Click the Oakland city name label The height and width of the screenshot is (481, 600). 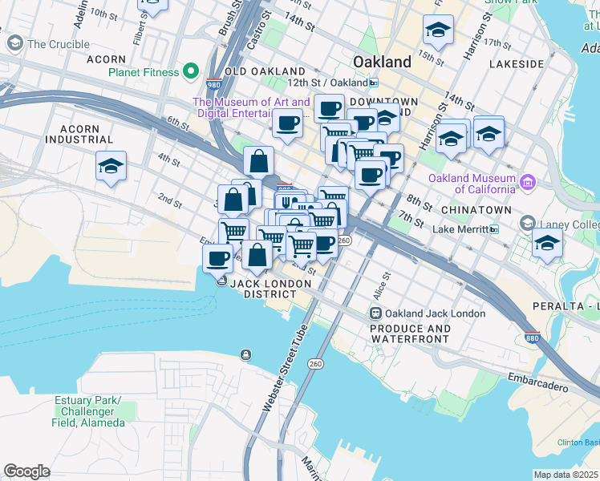point(382,62)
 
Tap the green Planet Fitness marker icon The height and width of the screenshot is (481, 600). point(192,72)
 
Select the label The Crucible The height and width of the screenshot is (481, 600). point(58,44)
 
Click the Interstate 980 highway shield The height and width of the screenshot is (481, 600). point(213,84)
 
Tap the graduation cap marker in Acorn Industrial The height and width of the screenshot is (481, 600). point(111,167)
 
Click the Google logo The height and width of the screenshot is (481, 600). point(26,471)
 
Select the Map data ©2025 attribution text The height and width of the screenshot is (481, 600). point(566,475)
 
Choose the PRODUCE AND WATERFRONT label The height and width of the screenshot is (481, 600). point(409,334)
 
